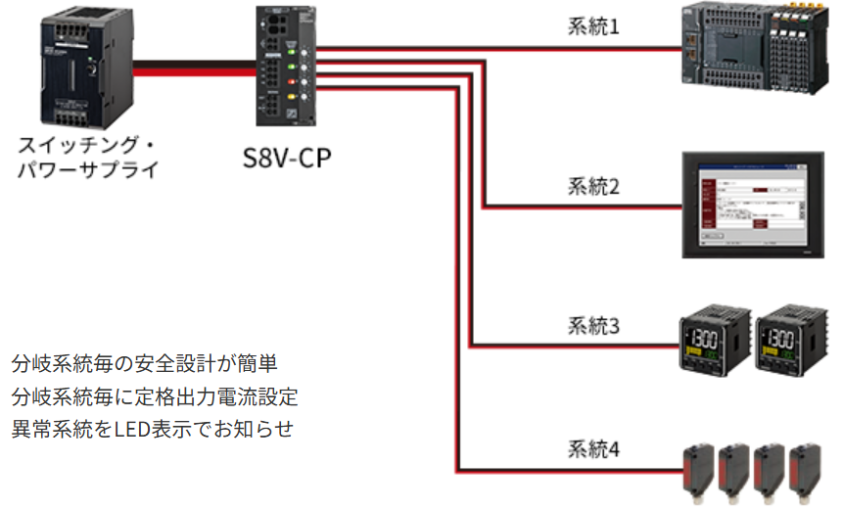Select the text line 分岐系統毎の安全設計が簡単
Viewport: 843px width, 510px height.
[x=145, y=364]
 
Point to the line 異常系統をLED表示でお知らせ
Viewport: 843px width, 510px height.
[x=153, y=429]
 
